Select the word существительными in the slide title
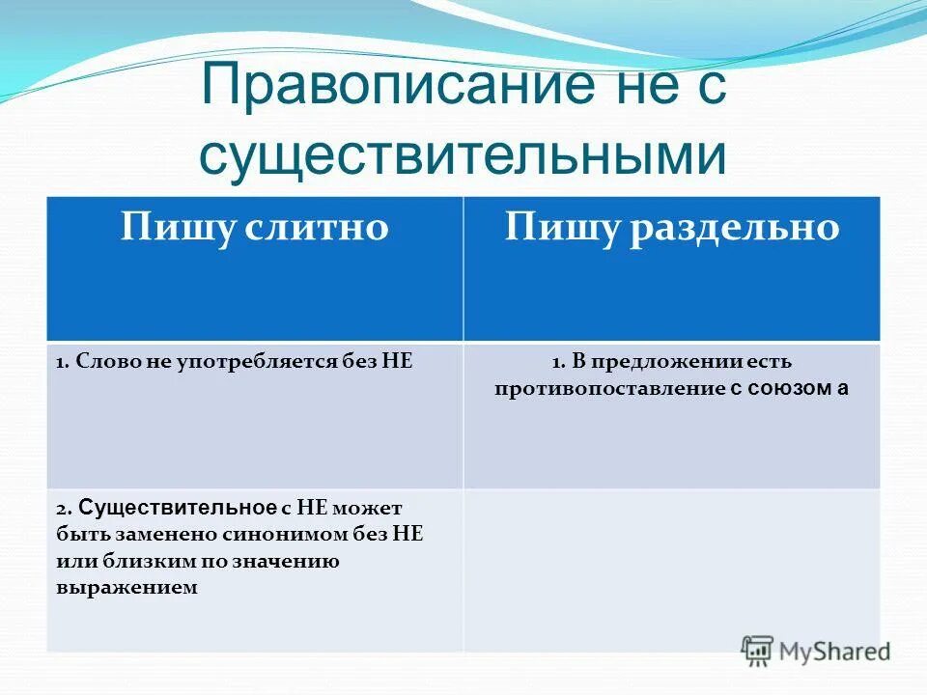click(x=463, y=155)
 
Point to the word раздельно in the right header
click(x=737, y=228)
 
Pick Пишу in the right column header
click(x=563, y=228)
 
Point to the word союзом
click(x=791, y=389)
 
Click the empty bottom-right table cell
click(x=671, y=570)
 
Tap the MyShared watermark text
click(x=835, y=651)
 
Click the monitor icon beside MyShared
click(x=758, y=650)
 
